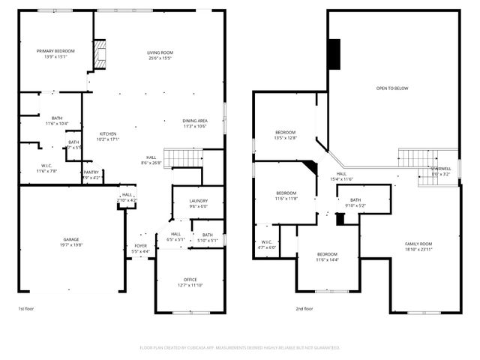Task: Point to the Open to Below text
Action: point(392,88)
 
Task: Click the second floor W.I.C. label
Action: point(266,244)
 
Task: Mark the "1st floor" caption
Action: point(26,308)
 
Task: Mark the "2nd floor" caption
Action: point(305,308)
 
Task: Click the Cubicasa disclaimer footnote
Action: point(240,347)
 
